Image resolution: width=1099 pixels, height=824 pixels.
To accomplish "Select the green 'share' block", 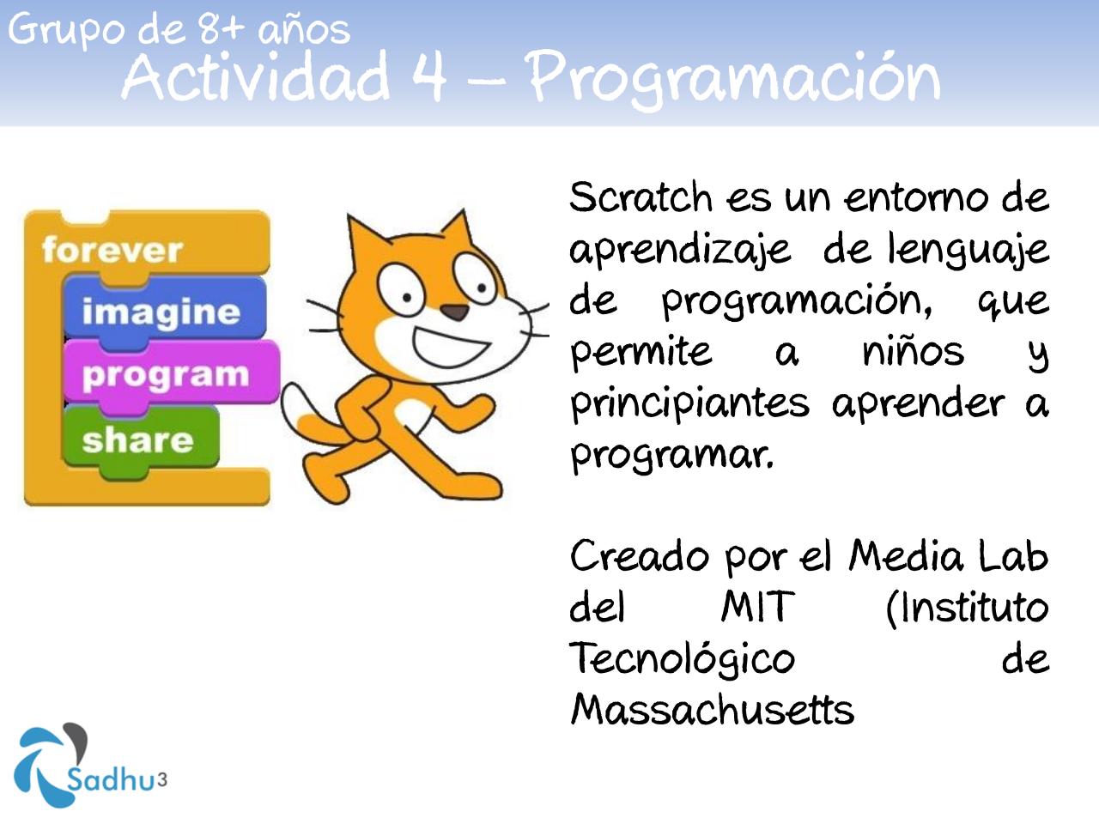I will click(137, 439).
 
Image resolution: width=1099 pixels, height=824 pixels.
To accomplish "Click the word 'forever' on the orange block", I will click(112, 250).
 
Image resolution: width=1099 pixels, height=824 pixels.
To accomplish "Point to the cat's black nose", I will click(454, 312).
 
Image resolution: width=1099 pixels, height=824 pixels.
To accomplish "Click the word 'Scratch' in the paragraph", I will click(641, 197).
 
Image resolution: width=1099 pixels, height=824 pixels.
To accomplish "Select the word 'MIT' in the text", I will click(757, 608).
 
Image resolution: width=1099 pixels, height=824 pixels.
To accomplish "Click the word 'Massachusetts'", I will click(712, 710).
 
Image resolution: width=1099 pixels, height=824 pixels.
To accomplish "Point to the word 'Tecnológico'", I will click(683, 659).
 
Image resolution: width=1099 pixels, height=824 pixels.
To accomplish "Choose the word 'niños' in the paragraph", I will click(913, 352).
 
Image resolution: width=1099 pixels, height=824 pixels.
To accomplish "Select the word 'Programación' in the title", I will click(734, 77).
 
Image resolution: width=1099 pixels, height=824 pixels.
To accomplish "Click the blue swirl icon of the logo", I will click(47, 764).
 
